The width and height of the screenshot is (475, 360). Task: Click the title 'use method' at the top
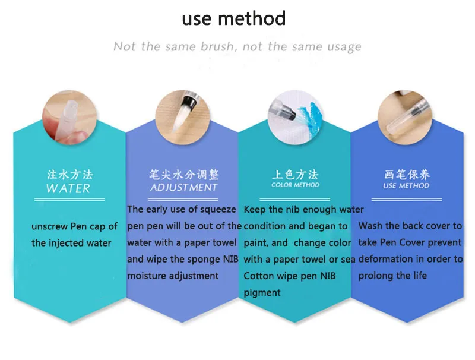[x=233, y=18]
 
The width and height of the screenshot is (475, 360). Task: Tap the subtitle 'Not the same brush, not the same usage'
[x=237, y=46]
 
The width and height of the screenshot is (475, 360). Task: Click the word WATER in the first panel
[x=68, y=189]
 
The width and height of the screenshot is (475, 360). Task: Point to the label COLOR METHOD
[x=295, y=185]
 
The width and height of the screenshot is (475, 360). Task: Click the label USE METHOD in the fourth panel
[x=407, y=185]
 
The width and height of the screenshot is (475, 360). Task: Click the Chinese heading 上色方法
[x=295, y=175]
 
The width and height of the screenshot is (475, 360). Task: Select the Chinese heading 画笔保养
[x=407, y=175]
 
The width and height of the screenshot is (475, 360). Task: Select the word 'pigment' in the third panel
[x=262, y=292]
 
